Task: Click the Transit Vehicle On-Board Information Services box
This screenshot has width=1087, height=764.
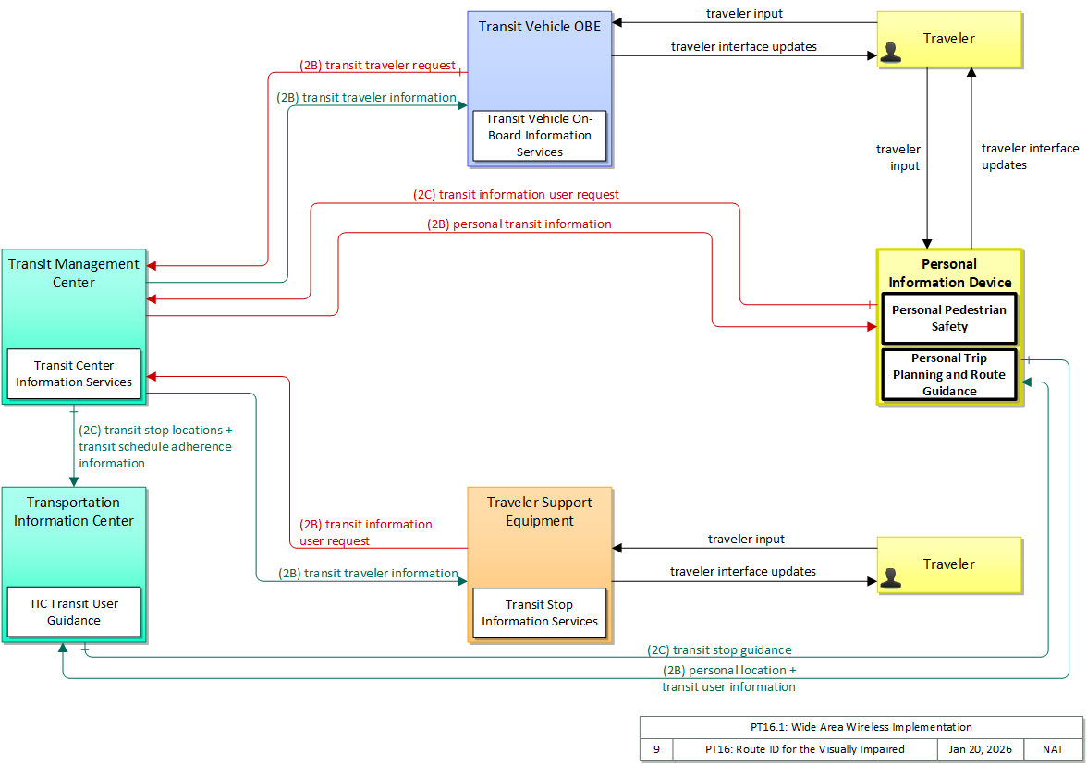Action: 540,136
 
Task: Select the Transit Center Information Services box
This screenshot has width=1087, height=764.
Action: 74,374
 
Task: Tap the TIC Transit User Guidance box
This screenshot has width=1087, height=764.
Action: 74,612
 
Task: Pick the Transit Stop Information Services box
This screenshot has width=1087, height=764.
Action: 540,613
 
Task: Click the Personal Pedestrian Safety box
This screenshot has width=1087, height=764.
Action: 949,319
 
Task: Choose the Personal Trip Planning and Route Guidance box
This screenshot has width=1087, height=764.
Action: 949,375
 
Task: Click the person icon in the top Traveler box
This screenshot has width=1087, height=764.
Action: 891,53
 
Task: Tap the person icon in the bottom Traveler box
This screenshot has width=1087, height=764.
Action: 891,578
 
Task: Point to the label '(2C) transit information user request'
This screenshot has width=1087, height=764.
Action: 517,195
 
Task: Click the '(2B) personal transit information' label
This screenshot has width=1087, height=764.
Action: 519,224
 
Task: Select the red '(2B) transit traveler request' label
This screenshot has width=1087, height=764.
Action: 378,65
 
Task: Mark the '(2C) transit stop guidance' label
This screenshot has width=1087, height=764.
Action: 719,649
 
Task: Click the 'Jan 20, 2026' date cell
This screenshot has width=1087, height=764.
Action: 980,749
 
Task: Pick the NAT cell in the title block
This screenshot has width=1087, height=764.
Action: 1052,749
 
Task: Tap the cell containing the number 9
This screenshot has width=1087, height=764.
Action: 656,749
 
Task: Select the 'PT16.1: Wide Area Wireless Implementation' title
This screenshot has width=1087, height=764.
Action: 861,727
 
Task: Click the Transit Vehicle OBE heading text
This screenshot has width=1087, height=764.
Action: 540,26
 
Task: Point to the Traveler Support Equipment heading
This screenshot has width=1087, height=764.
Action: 540,512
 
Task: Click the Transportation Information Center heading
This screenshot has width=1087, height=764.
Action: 74,512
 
